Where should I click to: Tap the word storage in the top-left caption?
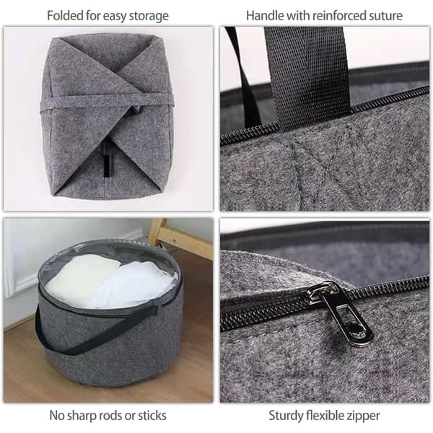pos(149,16)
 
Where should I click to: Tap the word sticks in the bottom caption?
pos(152,416)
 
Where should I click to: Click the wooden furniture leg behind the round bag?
pos(180,235)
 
